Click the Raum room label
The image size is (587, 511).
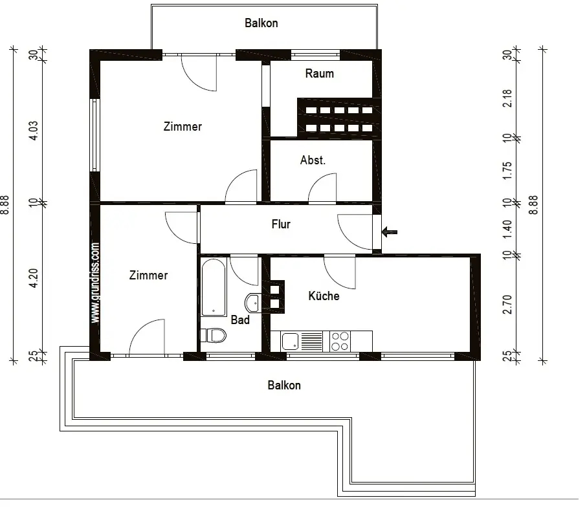(x=319, y=73)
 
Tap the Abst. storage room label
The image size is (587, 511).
(x=313, y=160)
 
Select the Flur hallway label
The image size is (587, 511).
(x=281, y=224)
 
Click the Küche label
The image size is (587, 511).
(x=324, y=296)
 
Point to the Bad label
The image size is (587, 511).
(x=240, y=320)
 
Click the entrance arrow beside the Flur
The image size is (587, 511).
(x=390, y=232)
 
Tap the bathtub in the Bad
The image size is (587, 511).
(x=214, y=287)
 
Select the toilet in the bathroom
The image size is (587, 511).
(x=214, y=336)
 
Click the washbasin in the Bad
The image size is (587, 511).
(x=253, y=303)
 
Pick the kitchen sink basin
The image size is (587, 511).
(x=291, y=342)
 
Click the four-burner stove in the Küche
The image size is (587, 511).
(x=340, y=341)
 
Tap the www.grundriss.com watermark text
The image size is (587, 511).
(x=95, y=283)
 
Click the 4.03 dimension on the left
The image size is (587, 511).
(x=33, y=131)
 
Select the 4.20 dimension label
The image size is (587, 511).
(x=33, y=278)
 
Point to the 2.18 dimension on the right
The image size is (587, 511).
(x=507, y=98)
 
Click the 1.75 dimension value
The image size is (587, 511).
(x=507, y=171)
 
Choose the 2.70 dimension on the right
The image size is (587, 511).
(x=507, y=304)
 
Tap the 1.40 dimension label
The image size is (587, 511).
(x=507, y=230)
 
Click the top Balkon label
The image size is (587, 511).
(x=261, y=23)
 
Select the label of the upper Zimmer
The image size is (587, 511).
(x=183, y=126)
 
